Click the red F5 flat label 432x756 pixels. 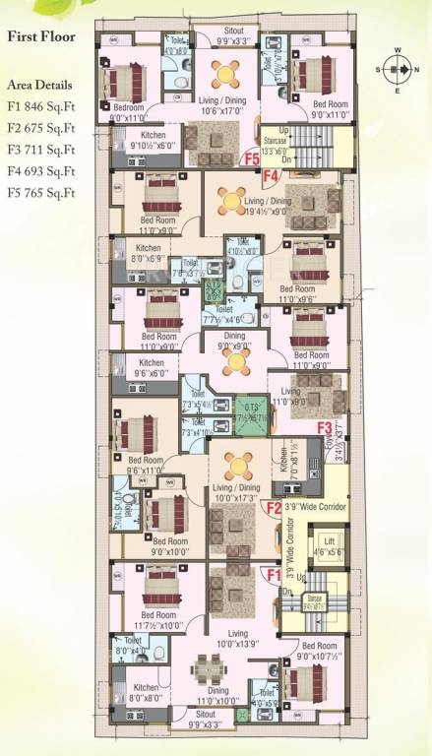252,157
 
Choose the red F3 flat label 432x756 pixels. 324,427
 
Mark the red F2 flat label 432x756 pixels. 275,507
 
